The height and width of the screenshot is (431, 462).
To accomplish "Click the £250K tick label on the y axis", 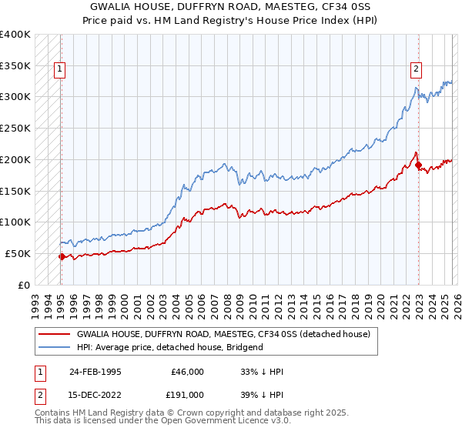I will pos(15,128).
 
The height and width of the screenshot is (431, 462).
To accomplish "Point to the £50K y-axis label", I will pos(18,253).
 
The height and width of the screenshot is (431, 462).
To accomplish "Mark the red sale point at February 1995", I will pos(62,256).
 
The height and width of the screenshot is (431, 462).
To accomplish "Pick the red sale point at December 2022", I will pos(418,165).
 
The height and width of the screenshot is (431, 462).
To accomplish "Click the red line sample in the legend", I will pos(55,335).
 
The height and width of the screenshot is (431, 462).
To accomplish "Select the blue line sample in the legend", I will pos(55,347).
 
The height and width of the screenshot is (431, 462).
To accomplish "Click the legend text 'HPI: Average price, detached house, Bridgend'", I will pos(170,347).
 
